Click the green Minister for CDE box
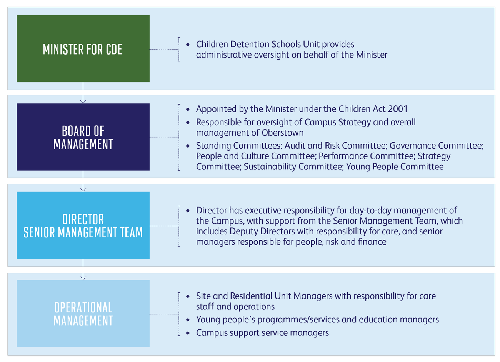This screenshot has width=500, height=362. point(83,49)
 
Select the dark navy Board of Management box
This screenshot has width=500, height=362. point(83,137)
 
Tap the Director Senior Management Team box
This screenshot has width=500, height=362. point(83,225)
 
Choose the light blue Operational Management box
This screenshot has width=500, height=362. point(83,313)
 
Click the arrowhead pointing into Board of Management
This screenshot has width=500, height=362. point(83,102)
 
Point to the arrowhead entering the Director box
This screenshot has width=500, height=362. point(83,190)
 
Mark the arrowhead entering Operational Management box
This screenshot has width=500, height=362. point(83,278)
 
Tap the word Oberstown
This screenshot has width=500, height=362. point(283,133)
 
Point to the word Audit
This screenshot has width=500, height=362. point(296,146)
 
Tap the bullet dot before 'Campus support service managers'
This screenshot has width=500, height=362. point(188,333)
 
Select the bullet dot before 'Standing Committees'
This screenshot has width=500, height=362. point(188,146)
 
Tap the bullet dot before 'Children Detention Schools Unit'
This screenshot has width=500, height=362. point(188,45)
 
